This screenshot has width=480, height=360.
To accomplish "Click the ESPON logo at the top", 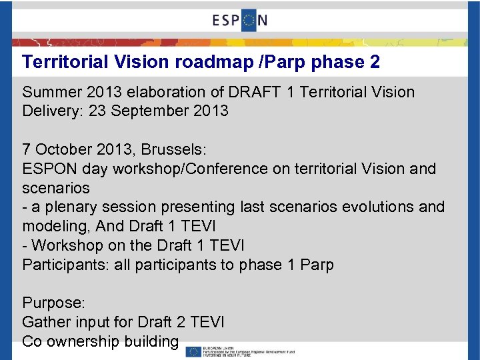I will click(240, 20).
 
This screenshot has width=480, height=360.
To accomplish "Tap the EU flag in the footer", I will click(193, 351).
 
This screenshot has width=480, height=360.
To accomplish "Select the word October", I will click(65, 149).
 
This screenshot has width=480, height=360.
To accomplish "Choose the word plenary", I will click(70, 207).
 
